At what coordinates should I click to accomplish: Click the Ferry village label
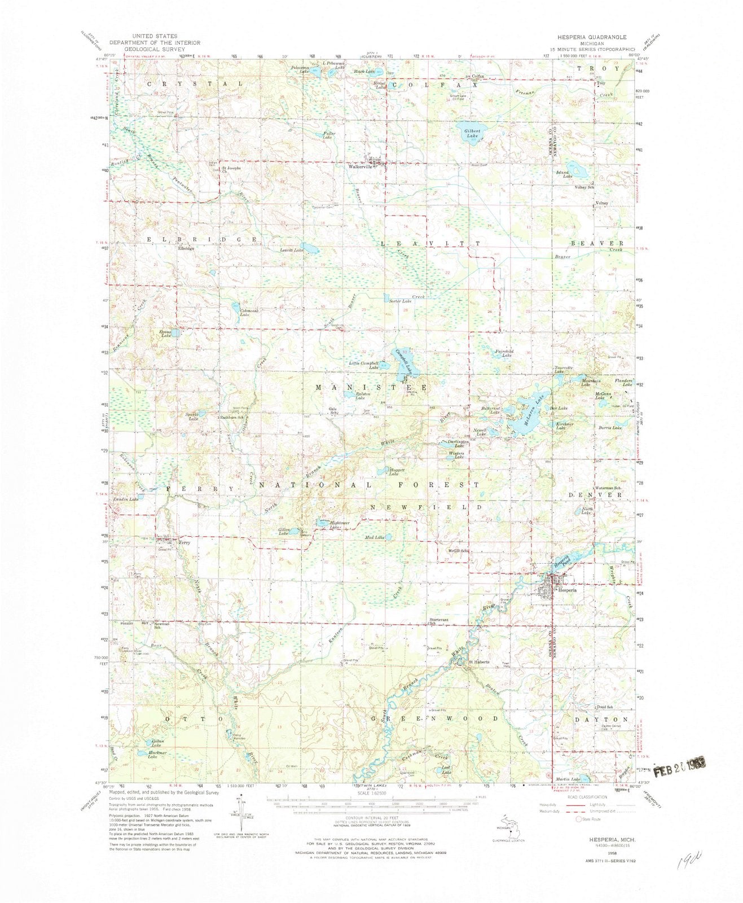[186, 542]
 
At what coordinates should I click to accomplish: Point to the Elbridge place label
[186, 248]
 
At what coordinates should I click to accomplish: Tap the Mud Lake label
[375, 538]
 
